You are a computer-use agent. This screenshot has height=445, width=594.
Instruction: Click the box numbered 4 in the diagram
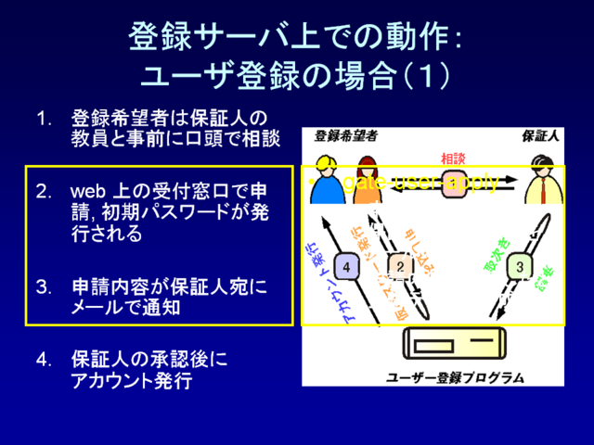[346, 267]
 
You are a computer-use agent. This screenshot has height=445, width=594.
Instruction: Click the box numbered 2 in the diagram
[400, 267]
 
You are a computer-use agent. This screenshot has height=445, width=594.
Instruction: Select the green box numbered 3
[520, 267]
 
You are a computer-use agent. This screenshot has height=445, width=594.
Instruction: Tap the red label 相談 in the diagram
[453, 158]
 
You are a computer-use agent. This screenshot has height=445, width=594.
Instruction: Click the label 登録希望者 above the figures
[345, 134]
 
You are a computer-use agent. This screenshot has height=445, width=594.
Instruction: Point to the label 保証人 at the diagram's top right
[540, 134]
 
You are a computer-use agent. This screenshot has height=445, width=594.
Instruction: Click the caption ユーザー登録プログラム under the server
[455, 377]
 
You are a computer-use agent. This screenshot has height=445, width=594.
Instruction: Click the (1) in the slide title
[424, 74]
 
